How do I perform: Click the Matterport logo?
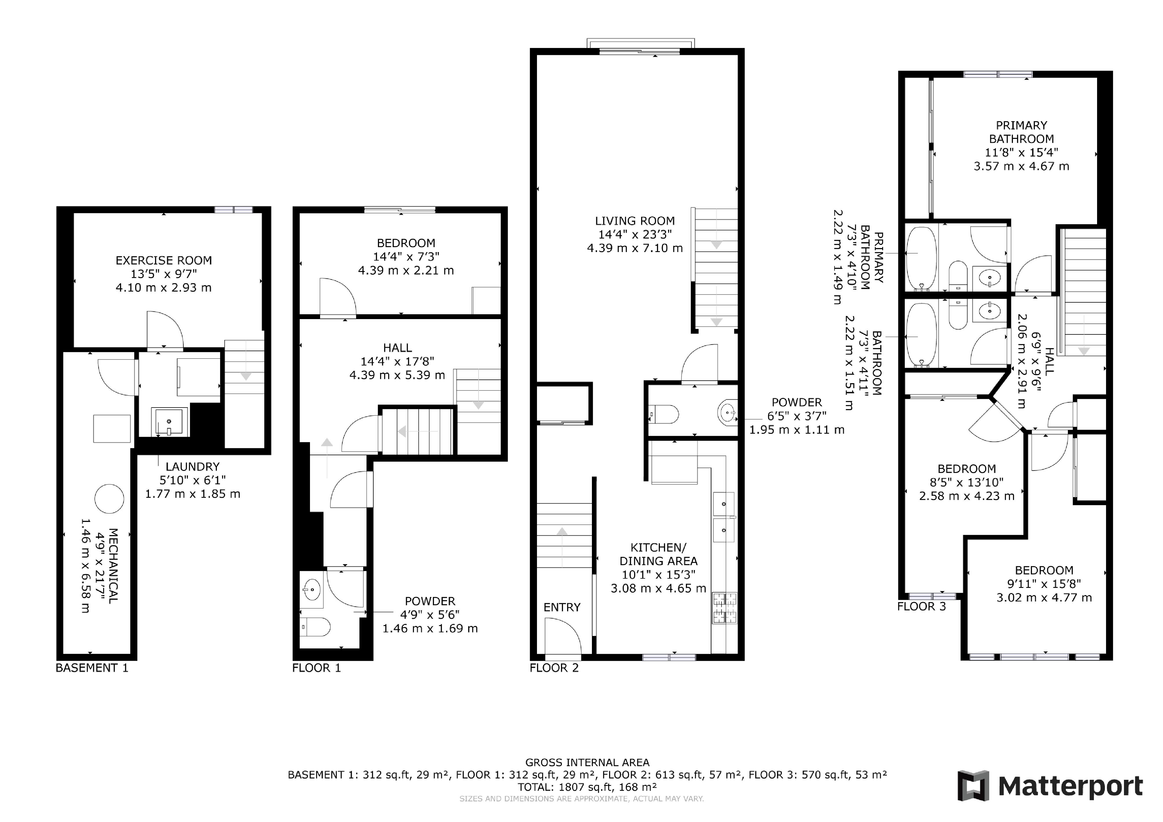[1050, 786]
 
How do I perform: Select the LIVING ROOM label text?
[635, 221]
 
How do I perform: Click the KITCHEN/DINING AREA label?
[658, 554]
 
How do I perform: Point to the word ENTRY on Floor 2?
[562, 607]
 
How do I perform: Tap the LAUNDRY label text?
[193, 467]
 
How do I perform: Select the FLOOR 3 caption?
[921, 606]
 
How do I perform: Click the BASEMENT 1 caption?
[92, 668]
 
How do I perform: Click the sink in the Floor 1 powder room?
[311, 589]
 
